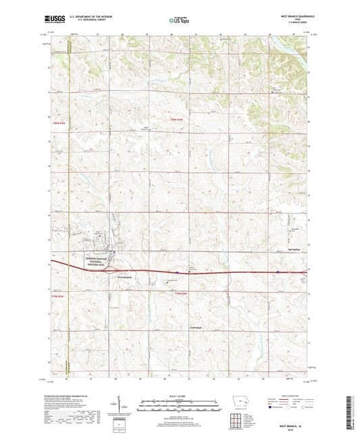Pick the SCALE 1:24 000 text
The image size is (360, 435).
(x=179, y=396)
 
